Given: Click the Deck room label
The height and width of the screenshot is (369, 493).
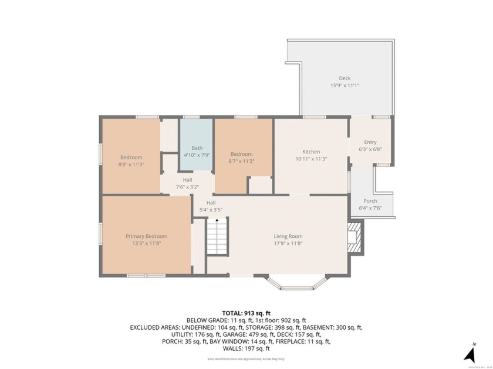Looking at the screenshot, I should pos(345,78).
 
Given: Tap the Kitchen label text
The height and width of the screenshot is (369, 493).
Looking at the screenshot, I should pos(311,152).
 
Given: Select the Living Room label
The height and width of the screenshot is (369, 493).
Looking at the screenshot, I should pos(288,237).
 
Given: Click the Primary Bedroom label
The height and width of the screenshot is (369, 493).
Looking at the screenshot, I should pos(146,236).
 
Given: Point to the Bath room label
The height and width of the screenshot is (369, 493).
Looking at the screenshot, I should pos(197,148).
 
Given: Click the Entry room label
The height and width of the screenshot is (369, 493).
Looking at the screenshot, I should pos(370,142).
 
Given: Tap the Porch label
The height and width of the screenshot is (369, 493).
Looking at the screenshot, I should pos(370,201).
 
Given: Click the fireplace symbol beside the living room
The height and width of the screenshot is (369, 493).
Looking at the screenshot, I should pos(354,237).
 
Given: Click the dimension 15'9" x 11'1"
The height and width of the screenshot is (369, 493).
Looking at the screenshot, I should pos(345,86).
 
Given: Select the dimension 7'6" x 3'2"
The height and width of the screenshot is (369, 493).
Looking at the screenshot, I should pos(187,187).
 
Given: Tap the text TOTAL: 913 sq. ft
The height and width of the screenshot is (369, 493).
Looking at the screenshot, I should pos(246,313).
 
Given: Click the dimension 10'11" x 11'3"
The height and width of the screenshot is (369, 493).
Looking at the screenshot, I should pos(311,159).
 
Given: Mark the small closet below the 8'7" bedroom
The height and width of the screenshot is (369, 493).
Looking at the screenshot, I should pos(259,184).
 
